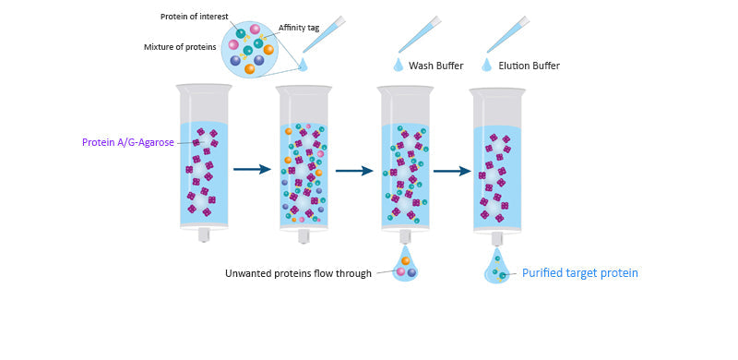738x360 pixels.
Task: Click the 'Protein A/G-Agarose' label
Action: [128, 142]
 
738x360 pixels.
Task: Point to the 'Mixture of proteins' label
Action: [180, 46]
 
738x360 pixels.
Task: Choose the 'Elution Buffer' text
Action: [529, 66]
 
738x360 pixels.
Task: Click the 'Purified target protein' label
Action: [579, 273]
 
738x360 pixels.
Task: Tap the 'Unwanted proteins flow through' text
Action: [298, 273]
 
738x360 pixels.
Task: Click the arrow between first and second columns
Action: [251, 170]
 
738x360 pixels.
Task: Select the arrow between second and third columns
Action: [353, 170]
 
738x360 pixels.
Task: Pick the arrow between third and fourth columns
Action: [452, 170]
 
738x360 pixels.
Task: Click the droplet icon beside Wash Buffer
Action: [399, 65]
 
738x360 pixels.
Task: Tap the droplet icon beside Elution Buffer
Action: [486, 65]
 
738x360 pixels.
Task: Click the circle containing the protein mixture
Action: [248, 49]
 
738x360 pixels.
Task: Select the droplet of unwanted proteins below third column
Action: [405, 267]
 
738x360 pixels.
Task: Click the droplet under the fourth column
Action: [497, 269]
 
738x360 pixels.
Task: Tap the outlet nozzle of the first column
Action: [204, 235]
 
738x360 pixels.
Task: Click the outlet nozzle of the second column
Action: [304, 235]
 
